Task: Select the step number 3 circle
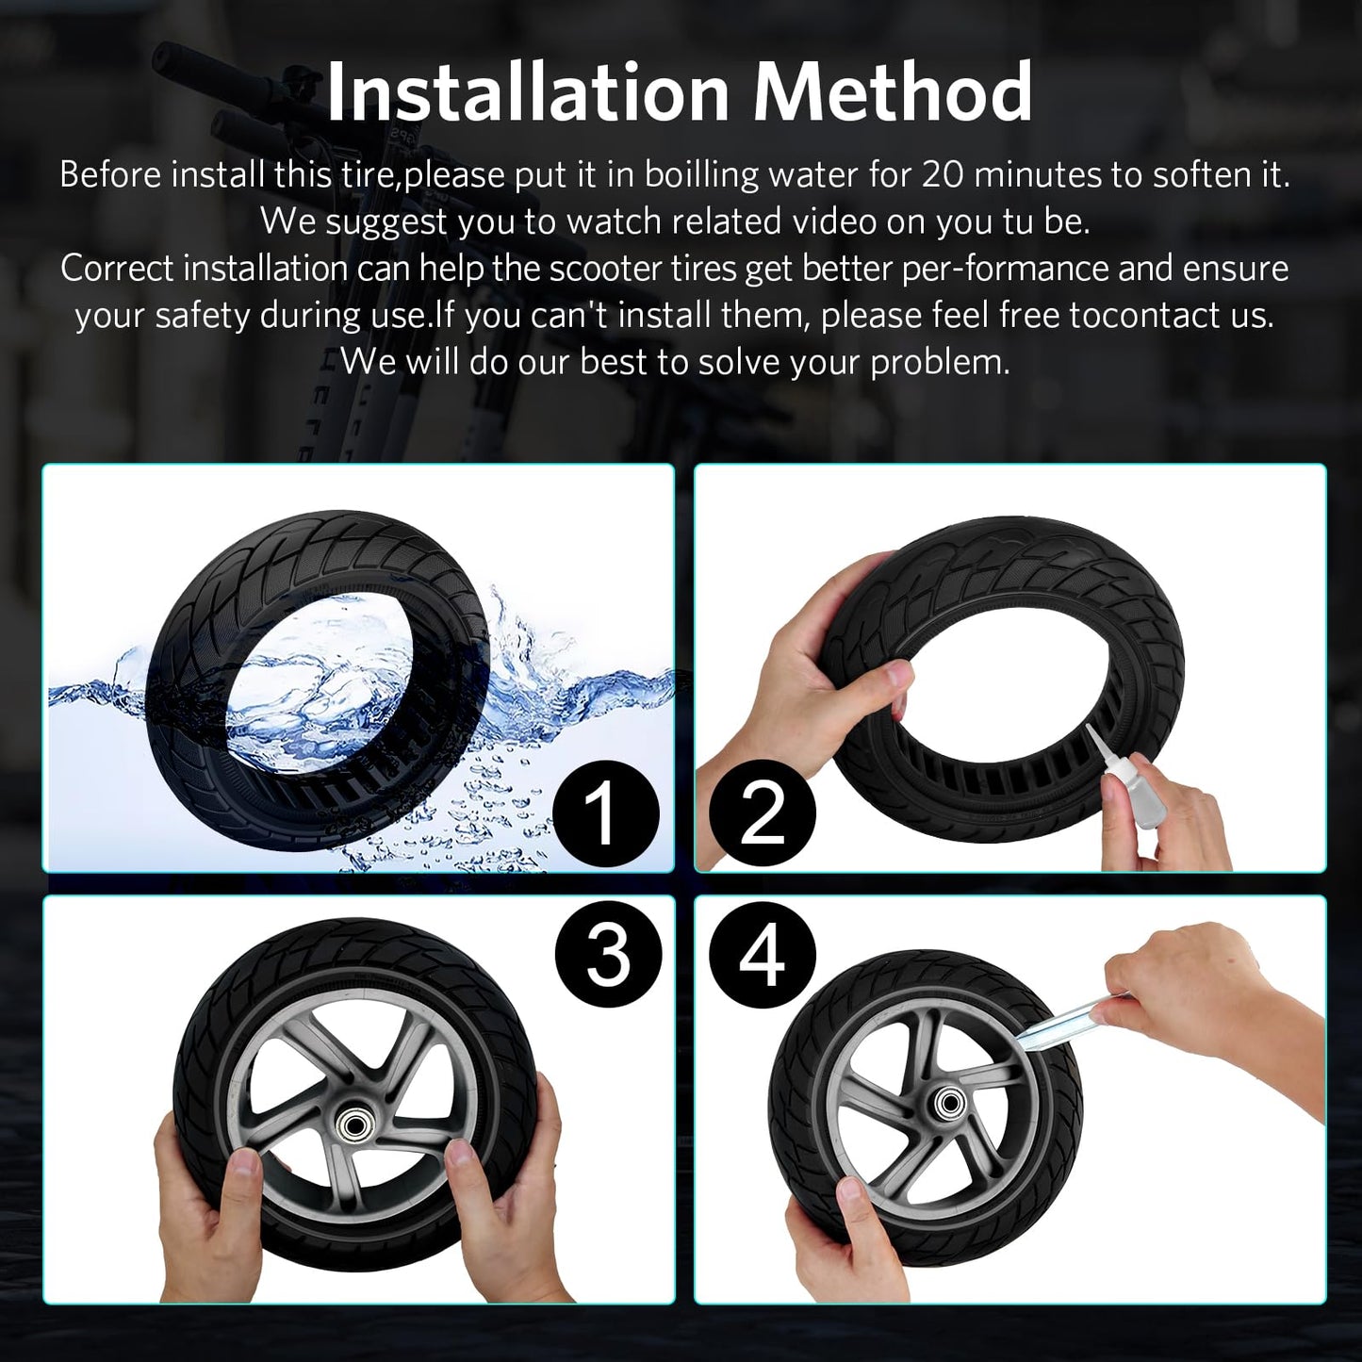pyautogui.click(x=608, y=953)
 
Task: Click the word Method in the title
pyautogui.click(x=893, y=92)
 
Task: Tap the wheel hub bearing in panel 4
pyautogui.click(x=944, y=1103)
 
